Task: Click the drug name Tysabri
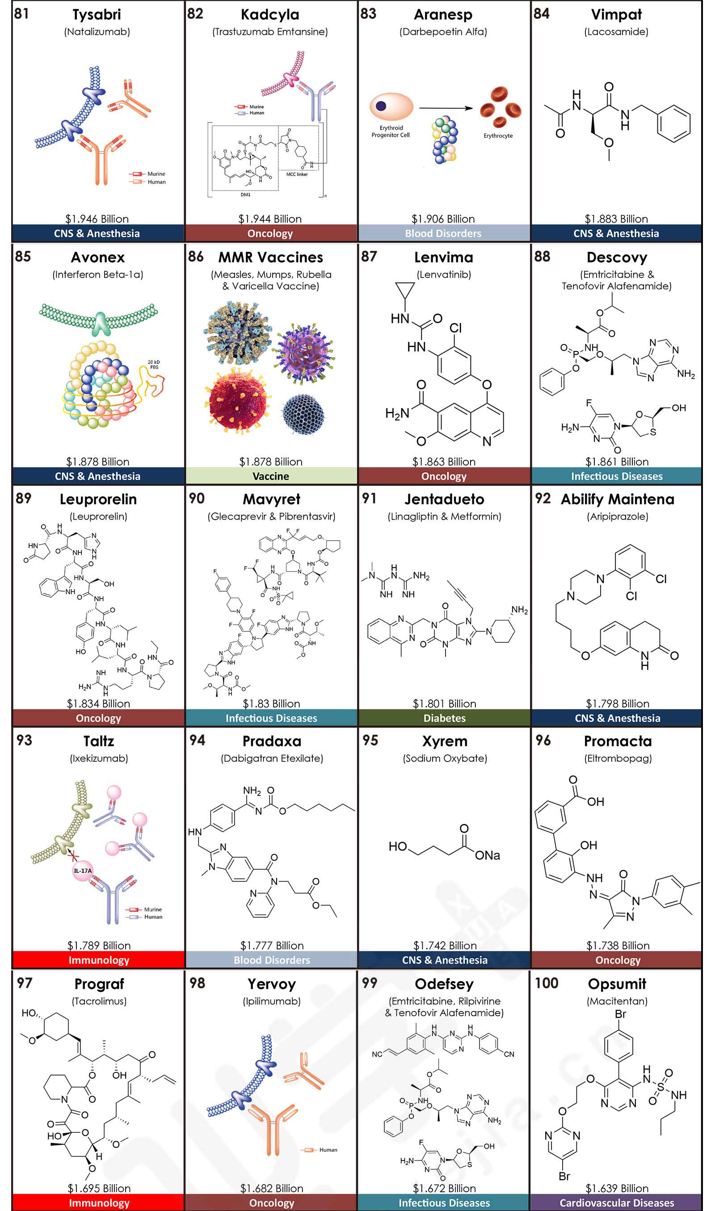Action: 97,15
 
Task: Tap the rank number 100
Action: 547,983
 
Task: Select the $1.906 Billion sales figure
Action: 443,219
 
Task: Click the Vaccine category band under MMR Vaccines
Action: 271,476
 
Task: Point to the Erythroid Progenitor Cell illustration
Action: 391,106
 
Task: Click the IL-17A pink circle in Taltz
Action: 82,871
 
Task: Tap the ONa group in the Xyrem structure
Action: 487,855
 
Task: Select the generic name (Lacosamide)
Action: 616,32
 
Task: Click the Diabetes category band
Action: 444,718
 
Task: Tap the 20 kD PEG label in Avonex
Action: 154,364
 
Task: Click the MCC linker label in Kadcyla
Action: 297,174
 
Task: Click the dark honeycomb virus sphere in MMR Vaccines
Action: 303,414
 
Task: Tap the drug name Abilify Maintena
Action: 617,500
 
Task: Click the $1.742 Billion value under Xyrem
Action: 445,946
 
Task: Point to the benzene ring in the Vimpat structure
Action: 674,123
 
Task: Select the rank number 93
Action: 24,740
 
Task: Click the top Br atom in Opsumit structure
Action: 620,1014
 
